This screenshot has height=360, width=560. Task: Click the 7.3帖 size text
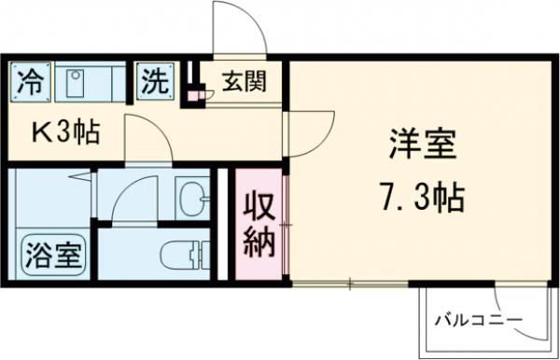coord(422,198)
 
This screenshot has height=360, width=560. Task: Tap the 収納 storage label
coord(259,224)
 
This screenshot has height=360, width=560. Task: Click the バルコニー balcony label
coord(478,323)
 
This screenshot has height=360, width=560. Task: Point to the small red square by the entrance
coord(196,93)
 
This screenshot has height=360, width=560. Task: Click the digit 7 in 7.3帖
coord(386,198)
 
